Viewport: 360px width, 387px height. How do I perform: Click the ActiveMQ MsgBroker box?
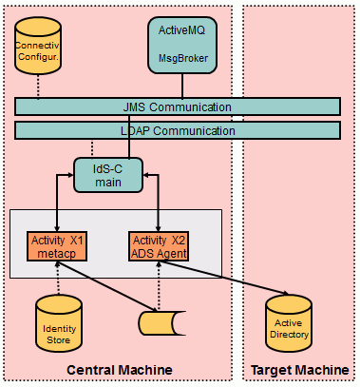[x=182, y=46]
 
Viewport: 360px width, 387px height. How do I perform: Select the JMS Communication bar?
[x=178, y=106]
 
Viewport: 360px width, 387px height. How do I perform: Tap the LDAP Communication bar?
[x=178, y=130]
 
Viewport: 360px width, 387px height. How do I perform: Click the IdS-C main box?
[x=108, y=175]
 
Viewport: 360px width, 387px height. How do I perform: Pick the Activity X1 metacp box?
[x=57, y=246]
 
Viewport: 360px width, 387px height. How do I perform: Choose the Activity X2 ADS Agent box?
[x=159, y=246]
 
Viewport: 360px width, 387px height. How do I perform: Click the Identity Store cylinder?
[x=59, y=323]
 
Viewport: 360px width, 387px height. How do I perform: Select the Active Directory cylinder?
[x=289, y=323]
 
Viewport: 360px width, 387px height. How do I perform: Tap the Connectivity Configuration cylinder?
[x=38, y=46]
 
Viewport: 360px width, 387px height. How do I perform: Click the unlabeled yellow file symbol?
[x=162, y=323]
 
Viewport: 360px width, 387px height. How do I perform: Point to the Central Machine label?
[x=120, y=370]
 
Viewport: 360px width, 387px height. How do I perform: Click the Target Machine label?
[x=300, y=370]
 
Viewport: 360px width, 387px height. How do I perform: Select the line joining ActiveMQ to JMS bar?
[x=182, y=86]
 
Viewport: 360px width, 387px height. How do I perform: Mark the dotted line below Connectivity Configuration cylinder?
[x=38, y=87]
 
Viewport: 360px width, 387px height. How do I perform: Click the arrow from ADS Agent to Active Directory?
[x=223, y=278]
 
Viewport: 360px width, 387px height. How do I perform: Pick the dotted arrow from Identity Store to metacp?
[x=58, y=278]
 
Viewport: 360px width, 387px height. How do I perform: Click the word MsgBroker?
[x=183, y=58]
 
